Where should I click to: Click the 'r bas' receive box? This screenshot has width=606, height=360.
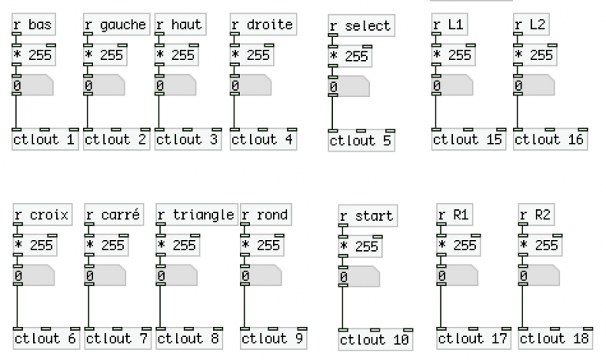(x=34, y=24)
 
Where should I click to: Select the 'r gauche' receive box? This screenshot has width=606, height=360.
(x=116, y=24)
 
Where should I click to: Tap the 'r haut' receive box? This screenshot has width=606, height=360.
(x=181, y=24)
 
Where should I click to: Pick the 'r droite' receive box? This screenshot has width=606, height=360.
(x=264, y=24)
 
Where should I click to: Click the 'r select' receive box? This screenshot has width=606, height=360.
(x=361, y=25)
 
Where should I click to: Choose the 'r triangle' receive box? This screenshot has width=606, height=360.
(x=197, y=215)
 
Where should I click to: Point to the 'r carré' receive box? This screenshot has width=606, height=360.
(x=114, y=215)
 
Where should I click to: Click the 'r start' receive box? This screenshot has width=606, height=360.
(x=368, y=216)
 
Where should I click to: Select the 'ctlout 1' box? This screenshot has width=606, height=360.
(x=45, y=139)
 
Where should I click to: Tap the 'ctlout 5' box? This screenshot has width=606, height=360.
(x=361, y=141)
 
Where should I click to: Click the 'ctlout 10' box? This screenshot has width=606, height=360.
(x=376, y=340)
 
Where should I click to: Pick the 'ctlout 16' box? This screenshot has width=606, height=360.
(x=550, y=139)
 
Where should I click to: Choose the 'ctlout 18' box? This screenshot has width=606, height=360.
(x=555, y=339)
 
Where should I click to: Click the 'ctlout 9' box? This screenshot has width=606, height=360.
(x=274, y=339)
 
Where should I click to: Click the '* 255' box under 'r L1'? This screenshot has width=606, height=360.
(x=454, y=55)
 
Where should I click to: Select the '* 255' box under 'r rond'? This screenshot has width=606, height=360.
(x=262, y=246)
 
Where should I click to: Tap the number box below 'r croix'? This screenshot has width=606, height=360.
(x=34, y=276)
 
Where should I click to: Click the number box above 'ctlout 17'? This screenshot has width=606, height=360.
(x=458, y=276)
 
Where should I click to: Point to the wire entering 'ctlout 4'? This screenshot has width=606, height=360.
(x=234, y=112)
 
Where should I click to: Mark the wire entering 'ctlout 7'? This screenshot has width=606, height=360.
(x=89, y=307)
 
